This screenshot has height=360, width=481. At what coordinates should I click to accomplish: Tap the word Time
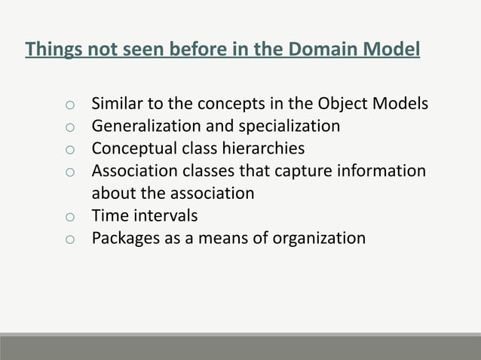tap(108, 215)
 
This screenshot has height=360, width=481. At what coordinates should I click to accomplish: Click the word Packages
tap(124, 238)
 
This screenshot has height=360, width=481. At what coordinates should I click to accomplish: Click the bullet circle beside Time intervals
tap(69, 217)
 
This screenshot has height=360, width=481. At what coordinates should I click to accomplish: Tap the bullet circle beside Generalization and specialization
tap(69, 127)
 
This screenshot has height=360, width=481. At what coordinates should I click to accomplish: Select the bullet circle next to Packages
tap(69, 239)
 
